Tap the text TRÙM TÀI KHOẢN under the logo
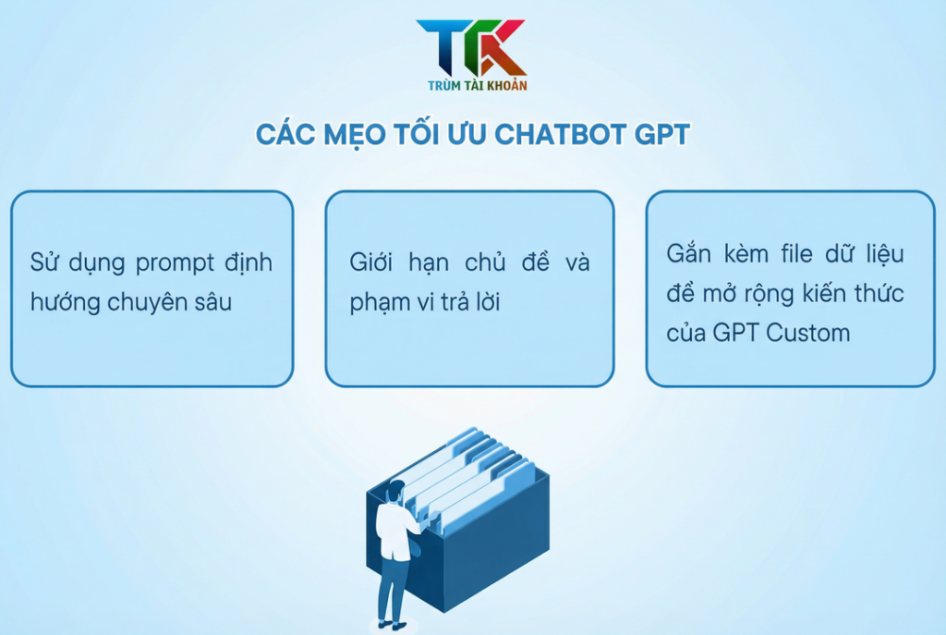[x=472, y=85]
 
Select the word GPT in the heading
[x=661, y=135]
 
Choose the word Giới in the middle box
[x=372, y=263]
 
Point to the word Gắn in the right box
[x=689, y=254]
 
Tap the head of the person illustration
[x=395, y=490]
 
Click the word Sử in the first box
[x=44, y=263]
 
